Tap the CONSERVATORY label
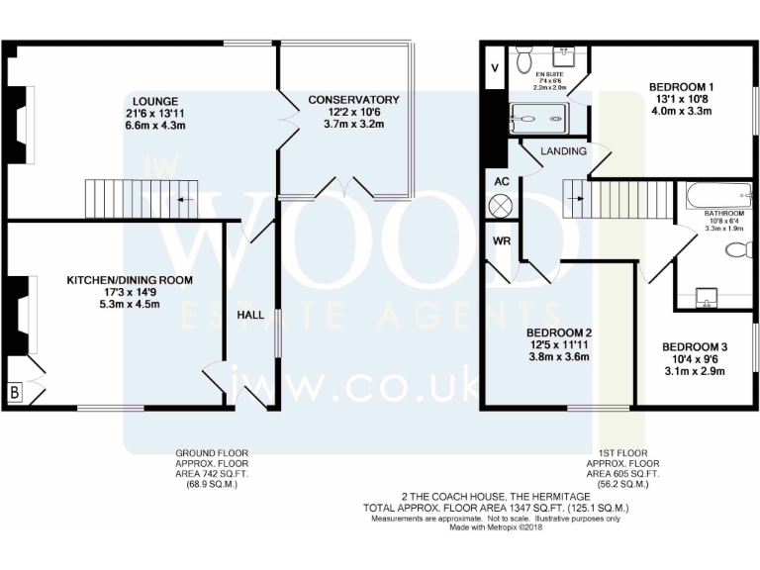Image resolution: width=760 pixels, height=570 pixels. pyautogui.click(x=353, y=100)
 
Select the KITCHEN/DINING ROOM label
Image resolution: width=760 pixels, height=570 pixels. pyautogui.click(x=129, y=280)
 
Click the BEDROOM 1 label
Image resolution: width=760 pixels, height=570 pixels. pyautogui.click(x=681, y=86)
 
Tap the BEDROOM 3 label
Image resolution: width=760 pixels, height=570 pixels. pyautogui.click(x=694, y=346)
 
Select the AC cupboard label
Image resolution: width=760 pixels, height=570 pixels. pyautogui.click(x=502, y=182)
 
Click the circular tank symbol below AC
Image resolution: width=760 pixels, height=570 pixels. pyautogui.click(x=502, y=206)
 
